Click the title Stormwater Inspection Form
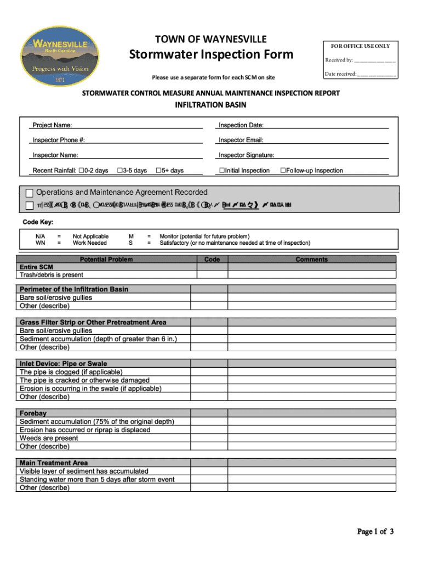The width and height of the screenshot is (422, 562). (x=211, y=55)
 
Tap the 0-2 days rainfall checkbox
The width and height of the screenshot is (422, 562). (x=82, y=171)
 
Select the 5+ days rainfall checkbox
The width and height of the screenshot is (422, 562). (x=158, y=171)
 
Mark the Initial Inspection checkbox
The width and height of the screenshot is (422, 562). (x=222, y=171)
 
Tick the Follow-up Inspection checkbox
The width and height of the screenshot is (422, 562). (x=283, y=171)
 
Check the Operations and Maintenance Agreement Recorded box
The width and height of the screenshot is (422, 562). (x=30, y=193)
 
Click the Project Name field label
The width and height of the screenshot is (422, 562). (x=52, y=126)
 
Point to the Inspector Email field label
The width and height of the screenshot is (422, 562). (x=241, y=140)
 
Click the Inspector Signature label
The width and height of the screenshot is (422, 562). (x=246, y=155)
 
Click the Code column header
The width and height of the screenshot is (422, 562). (x=212, y=259)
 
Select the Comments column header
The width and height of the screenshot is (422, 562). (x=311, y=259)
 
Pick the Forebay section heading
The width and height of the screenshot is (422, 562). (x=33, y=413)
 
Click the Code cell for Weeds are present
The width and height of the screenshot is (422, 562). (x=209, y=438)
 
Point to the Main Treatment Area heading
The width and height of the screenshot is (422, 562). (x=53, y=463)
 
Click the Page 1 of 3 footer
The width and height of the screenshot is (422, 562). (x=375, y=531)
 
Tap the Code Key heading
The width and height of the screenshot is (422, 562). (x=37, y=222)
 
